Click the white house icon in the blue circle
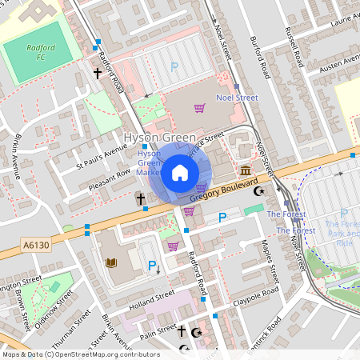click(180, 172)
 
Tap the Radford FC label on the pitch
click(40, 52)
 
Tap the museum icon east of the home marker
click(244, 172)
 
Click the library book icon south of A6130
click(111, 262)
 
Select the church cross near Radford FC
click(98, 73)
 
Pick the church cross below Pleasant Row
click(139, 198)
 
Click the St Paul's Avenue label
click(102, 156)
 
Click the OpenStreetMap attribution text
click(80, 354)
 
